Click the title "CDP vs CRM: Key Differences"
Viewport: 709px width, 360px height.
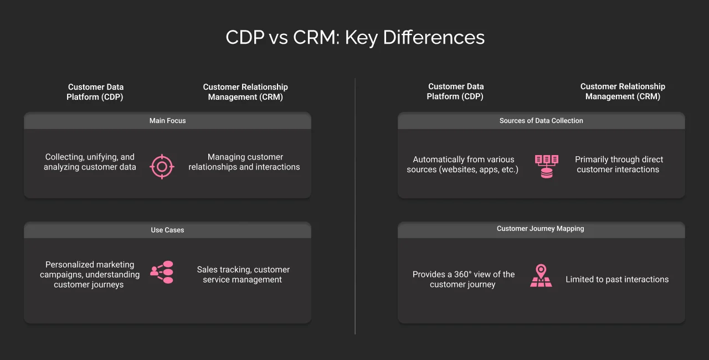tap(354, 38)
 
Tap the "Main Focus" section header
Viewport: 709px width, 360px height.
tap(167, 121)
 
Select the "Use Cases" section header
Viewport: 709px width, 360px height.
tap(167, 230)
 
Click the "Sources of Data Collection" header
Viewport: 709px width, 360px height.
tap(541, 121)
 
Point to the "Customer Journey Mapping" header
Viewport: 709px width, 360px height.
tap(541, 229)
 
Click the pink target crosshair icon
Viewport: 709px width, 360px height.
tap(162, 166)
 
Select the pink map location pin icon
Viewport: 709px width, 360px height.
tap(541, 275)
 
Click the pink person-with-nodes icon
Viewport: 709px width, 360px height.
tap(162, 272)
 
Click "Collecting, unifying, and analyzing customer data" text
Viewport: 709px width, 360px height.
tap(90, 162)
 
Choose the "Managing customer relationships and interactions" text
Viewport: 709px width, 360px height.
tap(244, 162)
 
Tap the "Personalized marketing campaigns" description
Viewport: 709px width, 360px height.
tap(89, 275)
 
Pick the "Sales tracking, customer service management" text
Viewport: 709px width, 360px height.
tap(243, 275)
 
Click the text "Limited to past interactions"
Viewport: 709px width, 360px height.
tap(617, 280)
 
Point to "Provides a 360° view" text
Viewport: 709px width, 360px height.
tap(463, 280)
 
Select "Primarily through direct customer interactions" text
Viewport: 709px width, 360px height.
tap(618, 164)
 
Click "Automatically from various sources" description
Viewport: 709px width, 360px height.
tap(463, 164)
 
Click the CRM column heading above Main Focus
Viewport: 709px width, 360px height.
tap(245, 92)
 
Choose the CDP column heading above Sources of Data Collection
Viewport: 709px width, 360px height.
tap(455, 92)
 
